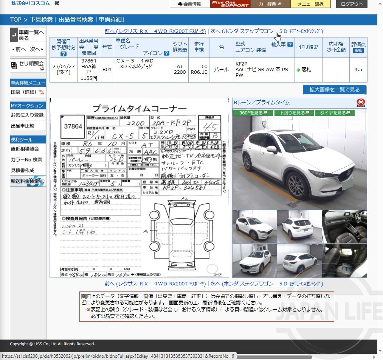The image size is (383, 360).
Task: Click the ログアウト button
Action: (x=352, y=4)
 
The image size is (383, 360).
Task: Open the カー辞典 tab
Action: (x=270, y=4)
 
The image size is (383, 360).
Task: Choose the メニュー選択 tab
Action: (x=310, y=4)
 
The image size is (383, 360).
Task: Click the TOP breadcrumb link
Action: (x=16, y=20)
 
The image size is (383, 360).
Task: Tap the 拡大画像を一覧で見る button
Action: (x=334, y=90)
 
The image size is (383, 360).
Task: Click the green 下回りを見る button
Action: (x=292, y=113)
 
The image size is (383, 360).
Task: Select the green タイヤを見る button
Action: (x=335, y=113)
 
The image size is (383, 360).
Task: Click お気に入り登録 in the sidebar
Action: (x=27, y=115)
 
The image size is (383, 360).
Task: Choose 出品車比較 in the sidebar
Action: (x=23, y=126)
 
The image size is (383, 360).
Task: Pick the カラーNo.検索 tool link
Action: (x=26, y=160)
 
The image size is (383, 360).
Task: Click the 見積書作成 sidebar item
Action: (x=23, y=171)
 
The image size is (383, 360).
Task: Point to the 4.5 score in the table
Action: (x=358, y=70)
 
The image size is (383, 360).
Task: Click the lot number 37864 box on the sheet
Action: (x=73, y=126)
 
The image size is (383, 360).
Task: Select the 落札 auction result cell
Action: (x=306, y=70)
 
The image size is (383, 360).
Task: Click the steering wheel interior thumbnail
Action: (x=344, y=226)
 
